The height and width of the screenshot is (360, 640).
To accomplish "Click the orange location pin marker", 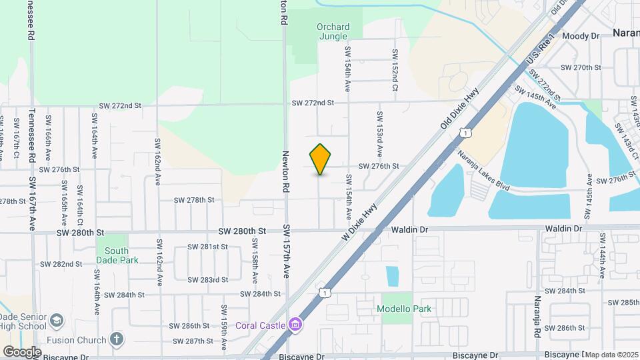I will [x=321, y=159].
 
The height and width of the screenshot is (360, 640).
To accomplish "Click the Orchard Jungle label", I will [x=333, y=31].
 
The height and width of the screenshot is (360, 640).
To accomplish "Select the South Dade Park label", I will [x=117, y=255].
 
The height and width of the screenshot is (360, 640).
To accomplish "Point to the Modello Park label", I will [x=404, y=309].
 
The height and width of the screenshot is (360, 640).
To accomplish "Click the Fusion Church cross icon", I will [x=117, y=339].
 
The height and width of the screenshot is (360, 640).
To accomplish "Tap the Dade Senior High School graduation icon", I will [x=57, y=321].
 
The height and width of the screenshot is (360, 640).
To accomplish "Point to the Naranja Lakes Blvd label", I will [x=483, y=171].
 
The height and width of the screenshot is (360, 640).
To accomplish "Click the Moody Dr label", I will [x=581, y=36].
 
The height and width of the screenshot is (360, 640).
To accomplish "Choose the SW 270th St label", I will [x=581, y=67].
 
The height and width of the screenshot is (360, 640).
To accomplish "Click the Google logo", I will [x=22, y=351].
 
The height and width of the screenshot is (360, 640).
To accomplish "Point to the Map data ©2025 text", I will [x=611, y=355].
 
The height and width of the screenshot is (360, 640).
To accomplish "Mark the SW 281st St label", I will [x=207, y=247].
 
